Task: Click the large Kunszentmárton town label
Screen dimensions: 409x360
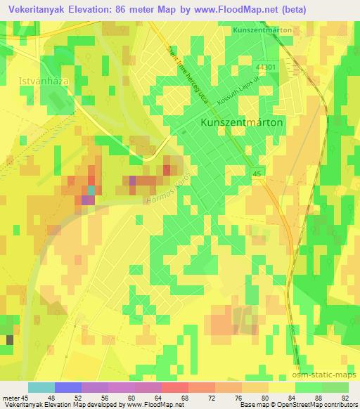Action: coord(242,122)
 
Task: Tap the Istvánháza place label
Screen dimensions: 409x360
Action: coord(39,81)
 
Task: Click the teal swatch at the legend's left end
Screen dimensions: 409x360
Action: coord(41,387)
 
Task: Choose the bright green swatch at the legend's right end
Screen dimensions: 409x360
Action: coord(335,387)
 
